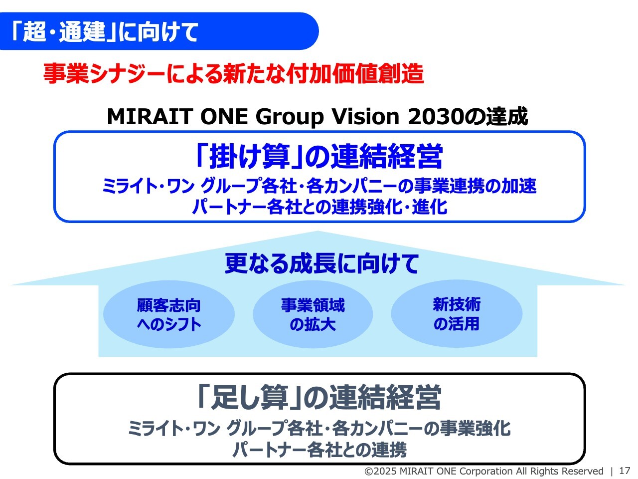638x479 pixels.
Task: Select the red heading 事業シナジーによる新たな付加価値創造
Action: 233,74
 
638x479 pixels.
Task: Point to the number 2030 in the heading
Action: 435,117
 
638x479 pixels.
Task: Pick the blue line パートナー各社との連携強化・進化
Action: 319,207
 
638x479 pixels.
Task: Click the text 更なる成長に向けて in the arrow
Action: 321,263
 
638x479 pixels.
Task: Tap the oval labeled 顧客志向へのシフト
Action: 169,314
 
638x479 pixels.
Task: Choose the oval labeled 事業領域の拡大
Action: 313,314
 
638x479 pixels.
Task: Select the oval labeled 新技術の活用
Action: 457,314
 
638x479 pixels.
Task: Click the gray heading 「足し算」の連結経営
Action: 319,397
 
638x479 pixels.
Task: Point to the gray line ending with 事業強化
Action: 319,429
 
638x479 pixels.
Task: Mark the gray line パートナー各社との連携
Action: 319,450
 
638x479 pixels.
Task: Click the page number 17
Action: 625,471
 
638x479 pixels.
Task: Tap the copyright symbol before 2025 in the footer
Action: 369,471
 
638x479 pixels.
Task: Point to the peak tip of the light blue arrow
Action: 318,231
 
